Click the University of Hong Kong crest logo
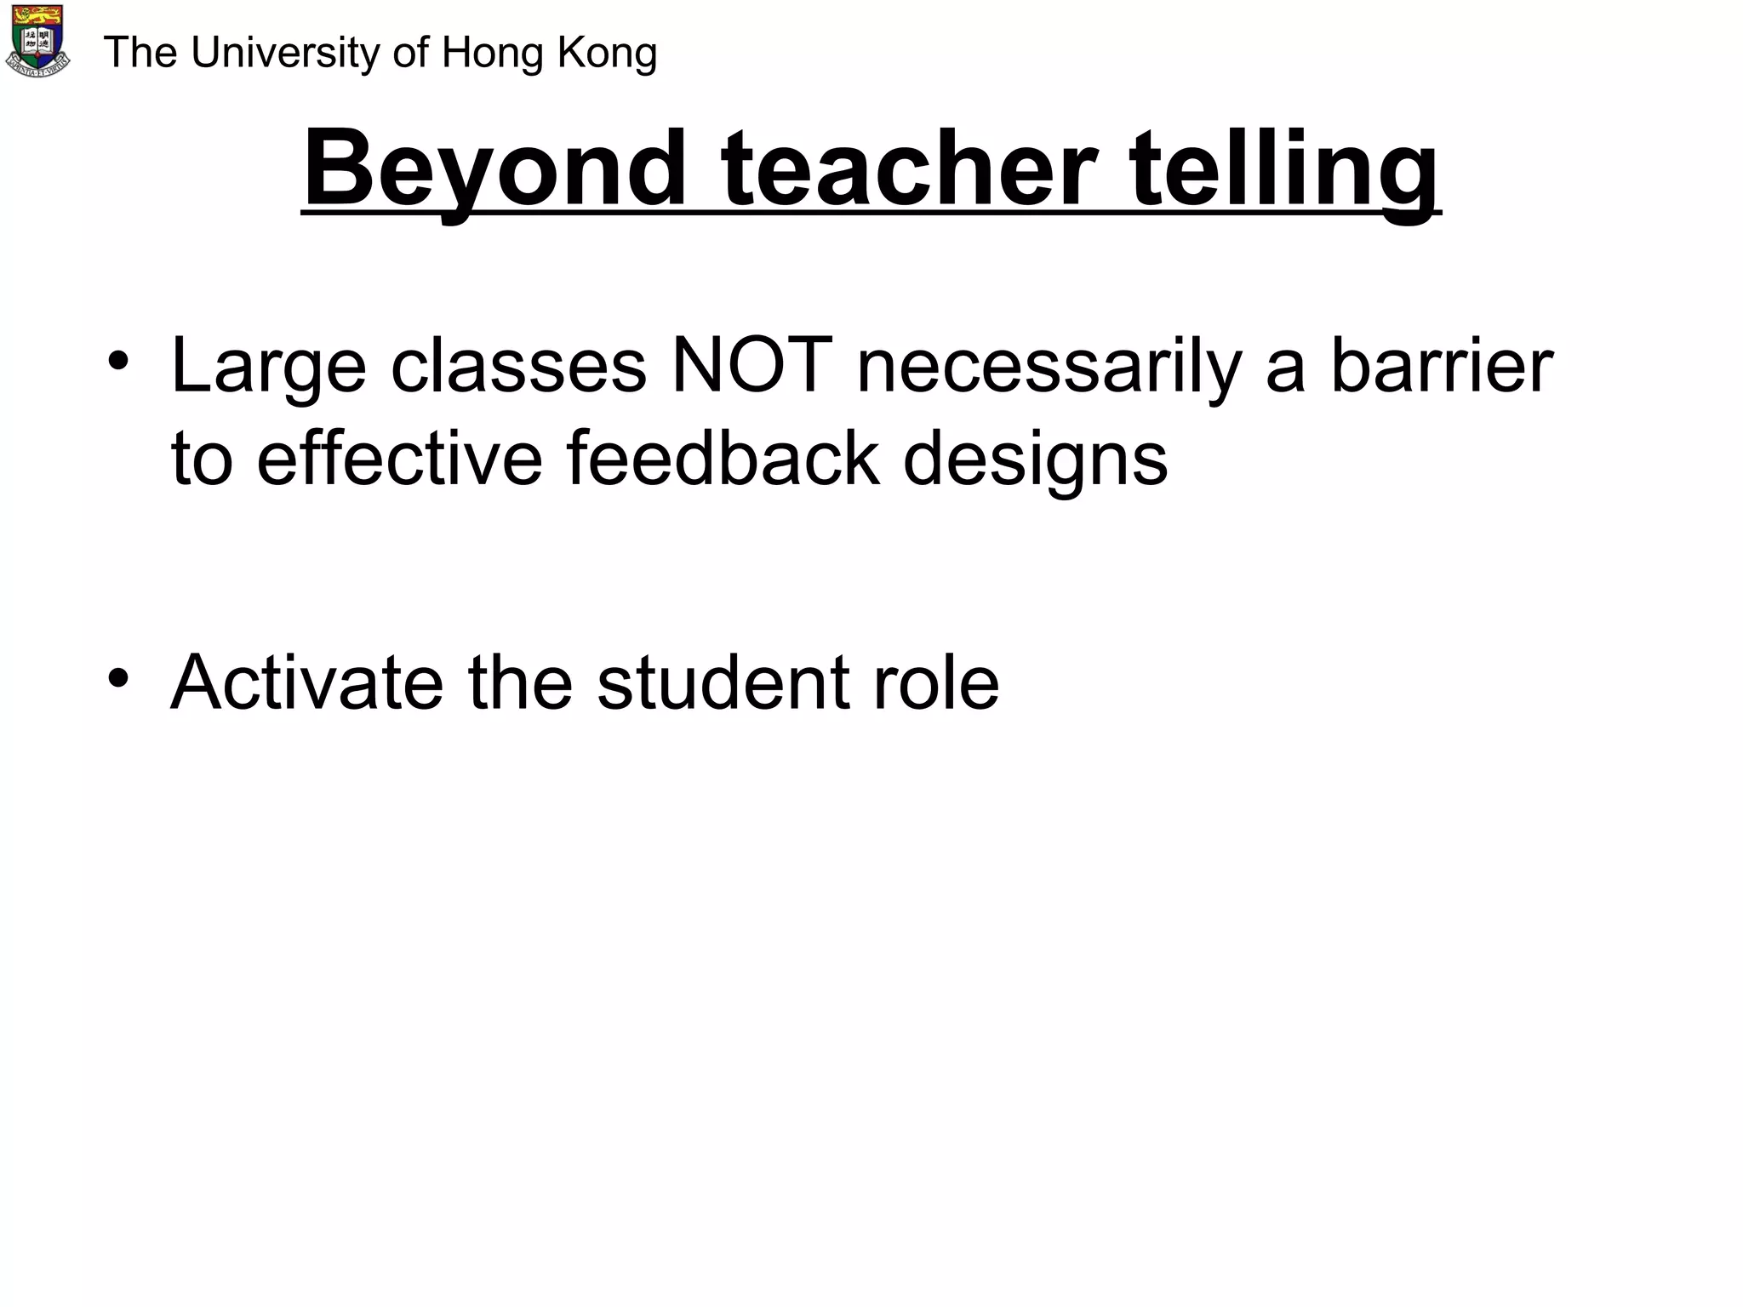click(x=38, y=42)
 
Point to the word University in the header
click(x=285, y=53)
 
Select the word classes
click(x=518, y=366)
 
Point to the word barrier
click(x=1442, y=366)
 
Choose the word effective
click(x=399, y=459)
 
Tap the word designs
click(x=1035, y=460)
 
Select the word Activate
click(x=306, y=682)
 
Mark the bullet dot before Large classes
click(x=118, y=362)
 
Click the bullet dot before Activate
click(x=118, y=678)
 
